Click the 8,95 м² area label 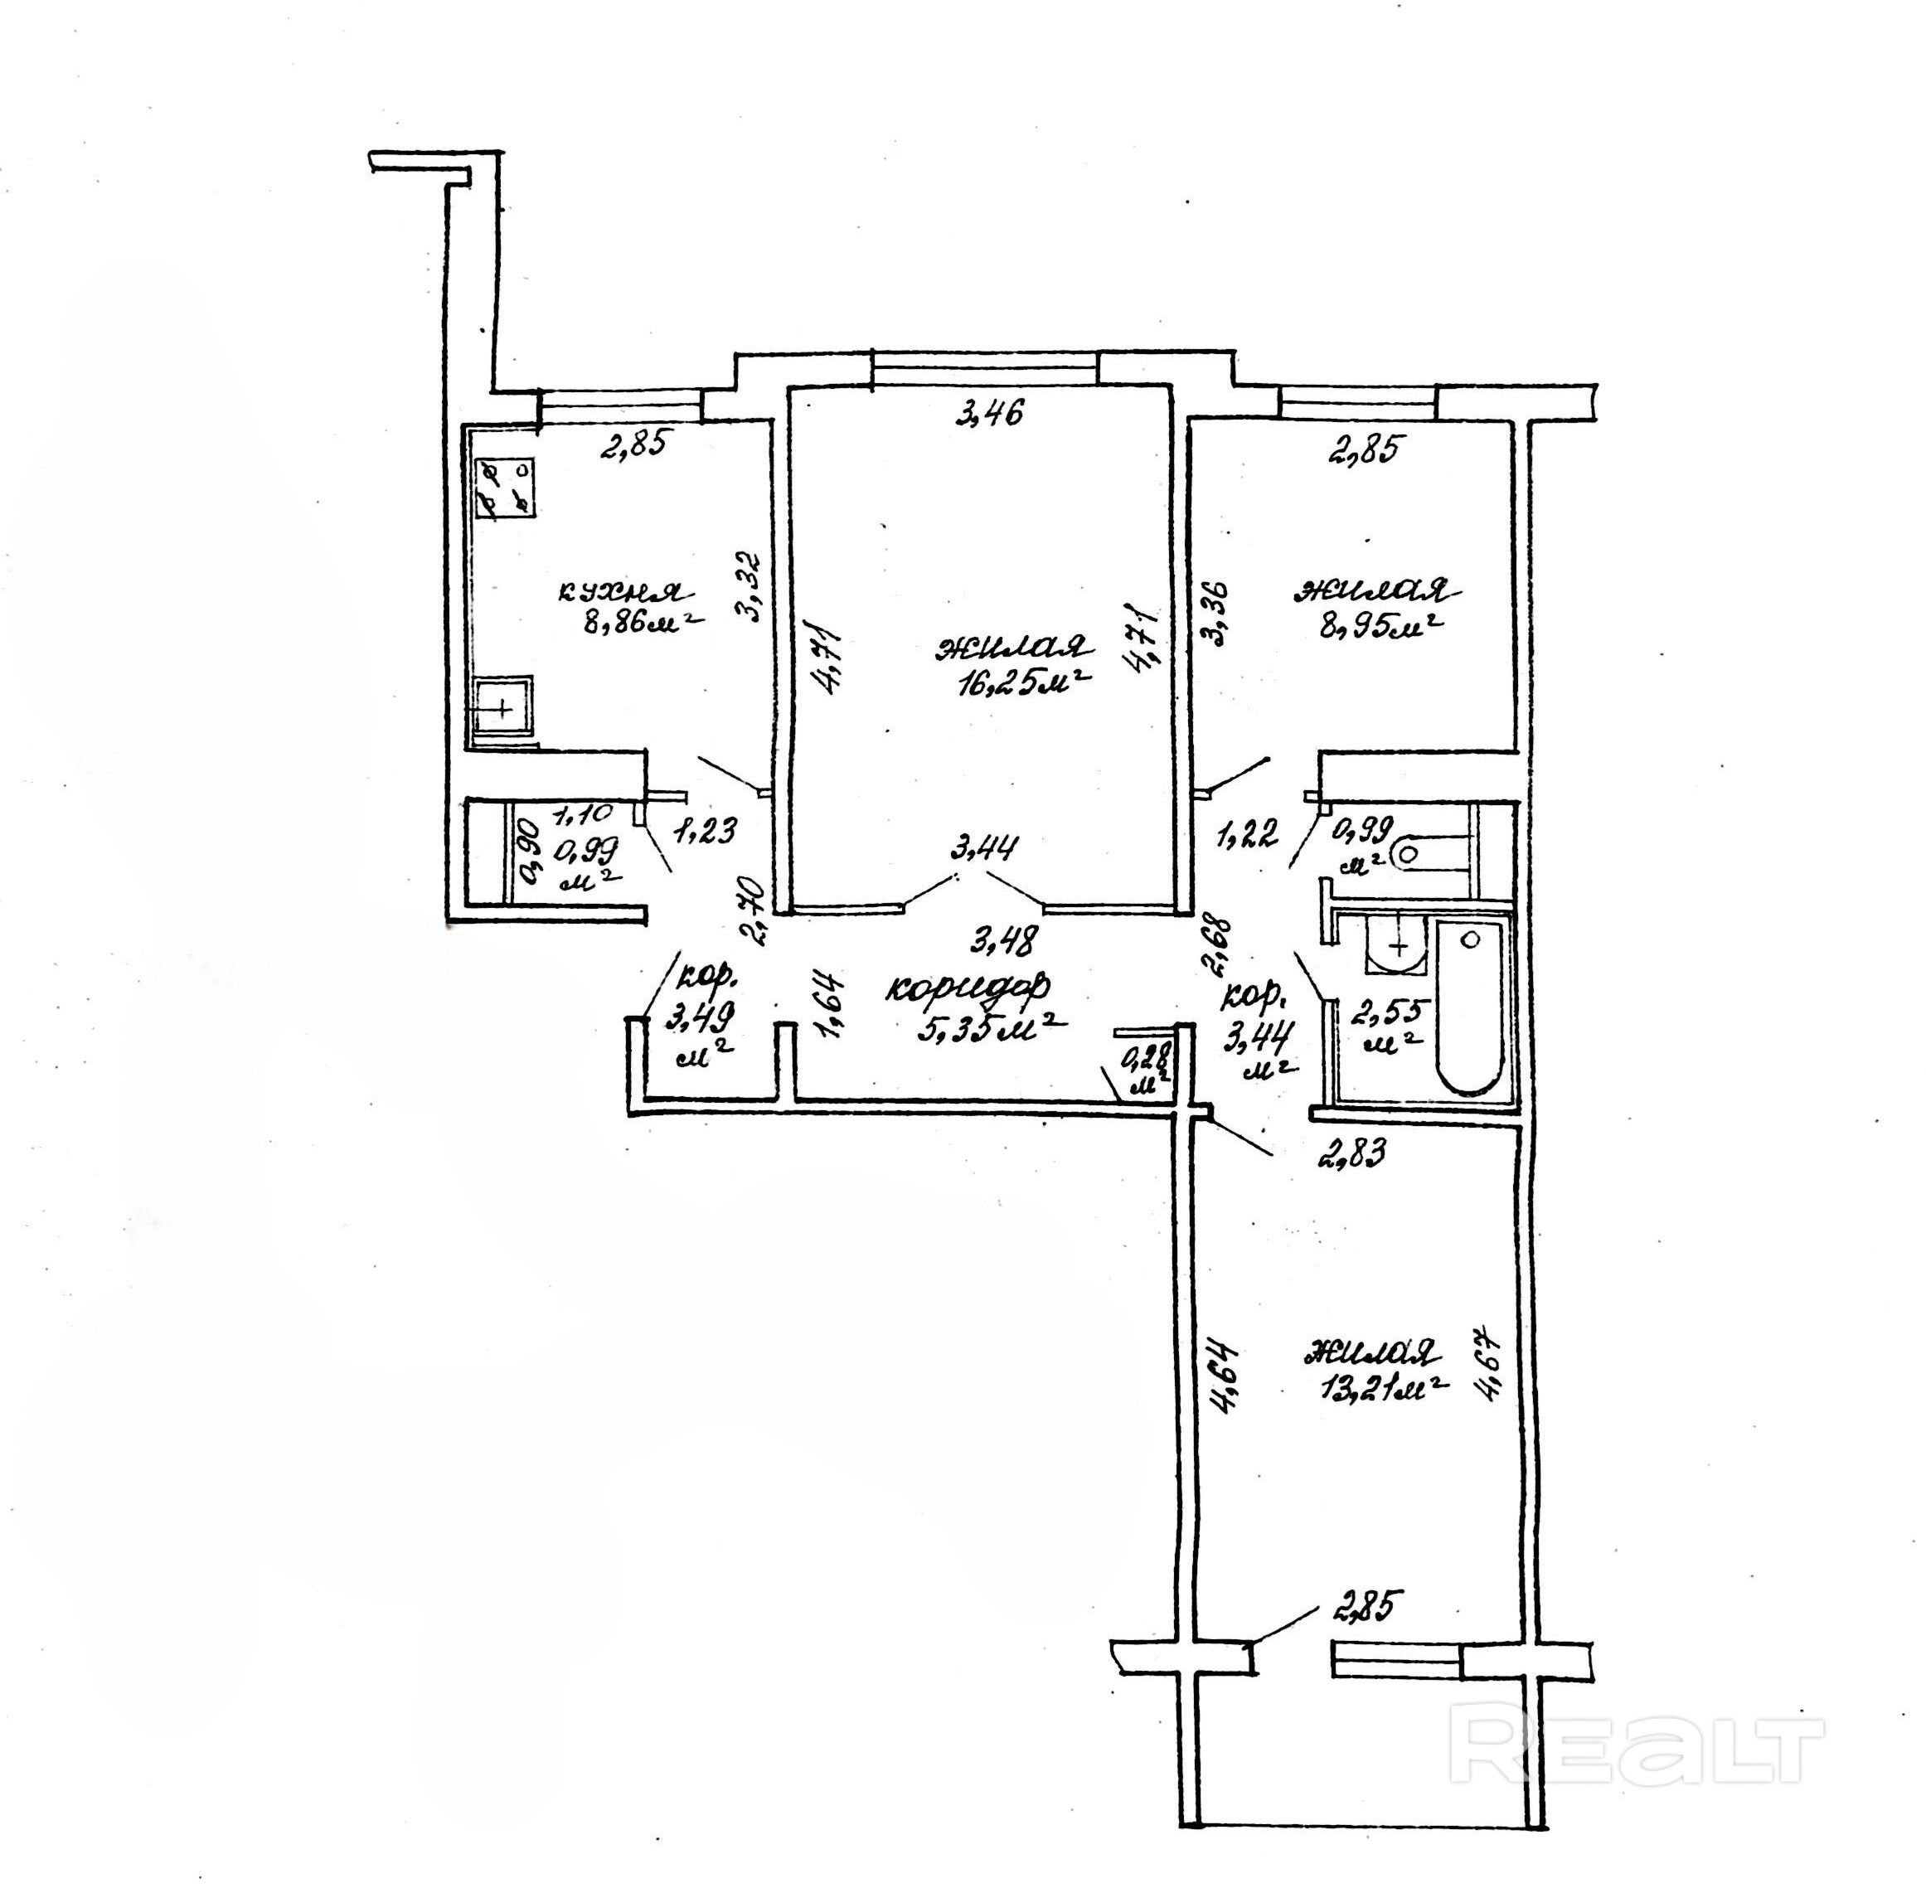pos(1379,626)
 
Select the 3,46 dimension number pos(987,411)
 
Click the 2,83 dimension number pos(1351,1153)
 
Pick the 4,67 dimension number pos(1496,1366)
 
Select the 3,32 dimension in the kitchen pos(751,585)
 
